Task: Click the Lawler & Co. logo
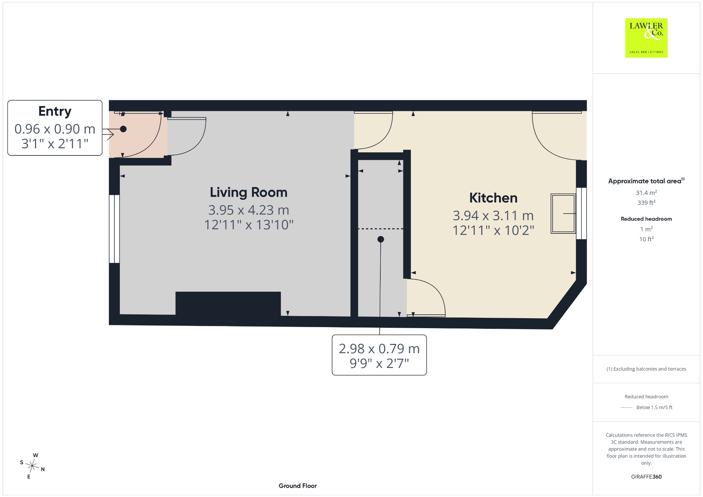[646, 38]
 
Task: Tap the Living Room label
[249, 192]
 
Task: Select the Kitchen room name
[493, 198]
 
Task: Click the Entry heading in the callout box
[55, 112]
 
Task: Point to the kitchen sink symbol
[563, 213]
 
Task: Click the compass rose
[32, 466]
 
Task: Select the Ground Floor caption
[298, 486]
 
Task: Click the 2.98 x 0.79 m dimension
[379, 349]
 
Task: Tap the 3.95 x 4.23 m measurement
[249, 210]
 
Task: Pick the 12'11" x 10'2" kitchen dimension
[493, 230]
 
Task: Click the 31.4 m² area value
[646, 193]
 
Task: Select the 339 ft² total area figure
[646, 203]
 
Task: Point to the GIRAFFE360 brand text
[646, 476]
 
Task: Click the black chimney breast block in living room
[228, 303]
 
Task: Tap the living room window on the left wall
[114, 229]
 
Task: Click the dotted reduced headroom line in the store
[380, 229]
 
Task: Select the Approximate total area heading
[645, 181]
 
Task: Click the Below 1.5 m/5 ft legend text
[654, 407]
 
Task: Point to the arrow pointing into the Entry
[108, 134]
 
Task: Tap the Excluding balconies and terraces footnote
[646, 369]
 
